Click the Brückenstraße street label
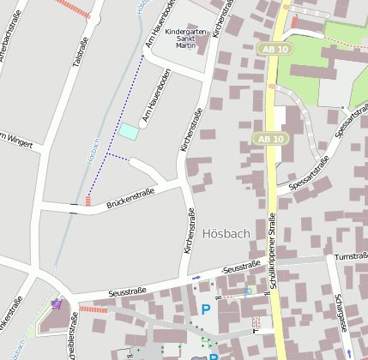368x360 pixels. pos(130,200)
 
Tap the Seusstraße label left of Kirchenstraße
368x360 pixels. pos(128,292)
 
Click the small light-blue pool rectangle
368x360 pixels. pos(128,131)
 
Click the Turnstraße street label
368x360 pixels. pos(350,256)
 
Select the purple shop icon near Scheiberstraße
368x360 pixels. pos(57,303)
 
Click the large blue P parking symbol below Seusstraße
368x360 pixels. pos(205,309)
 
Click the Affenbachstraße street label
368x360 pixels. pos(20,34)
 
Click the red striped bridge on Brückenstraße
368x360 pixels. pos(88,201)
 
